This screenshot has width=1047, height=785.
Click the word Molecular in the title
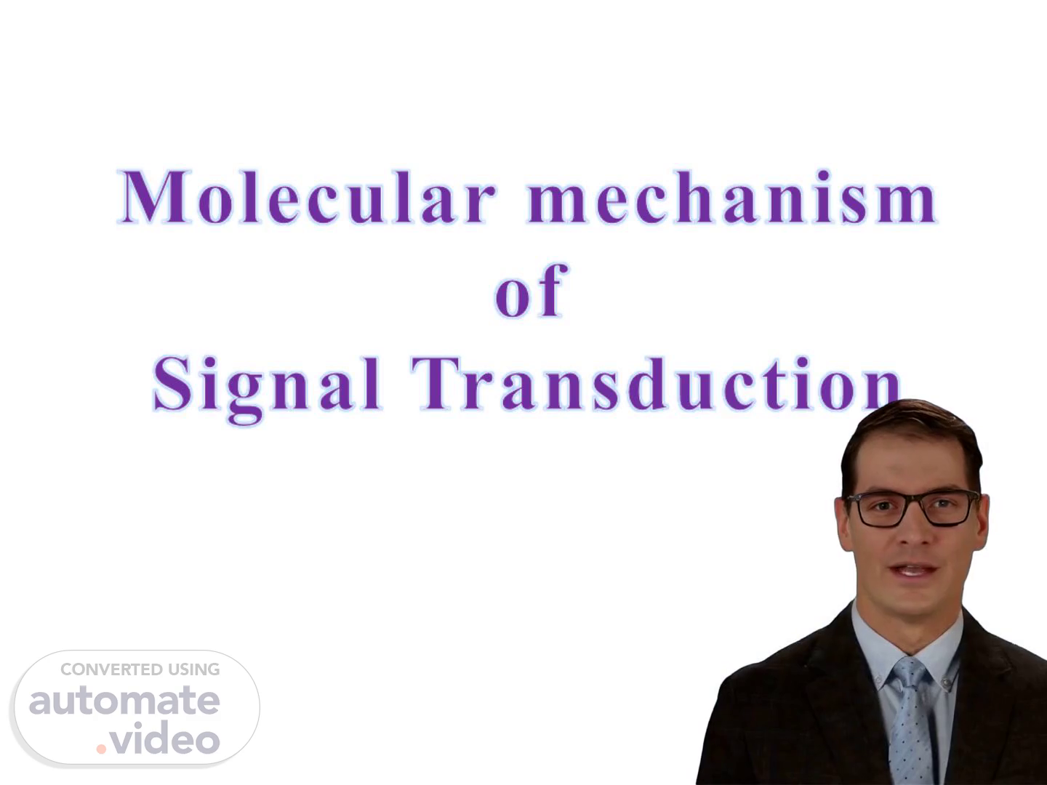click(307, 197)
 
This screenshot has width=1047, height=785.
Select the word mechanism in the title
click(731, 197)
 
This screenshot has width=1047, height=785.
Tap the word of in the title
click(531, 290)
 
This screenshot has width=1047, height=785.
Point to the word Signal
click(267, 388)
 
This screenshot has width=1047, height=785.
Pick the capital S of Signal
click(172, 385)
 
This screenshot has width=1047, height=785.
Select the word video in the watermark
click(165, 737)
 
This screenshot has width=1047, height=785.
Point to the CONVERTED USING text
click(140, 669)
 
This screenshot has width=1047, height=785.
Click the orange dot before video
click(101, 749)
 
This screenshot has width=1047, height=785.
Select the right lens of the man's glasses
click(947, 508)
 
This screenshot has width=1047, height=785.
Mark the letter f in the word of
click(553, 289)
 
